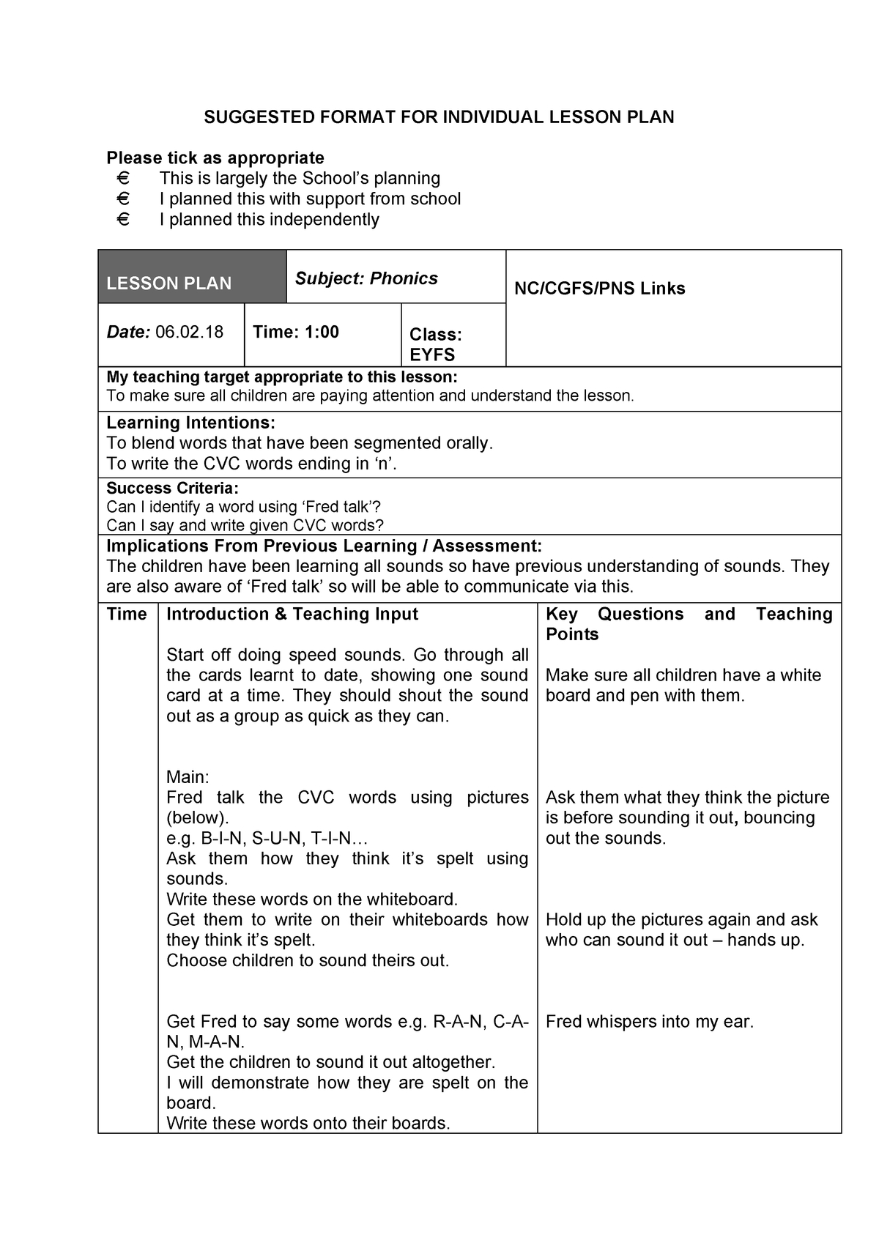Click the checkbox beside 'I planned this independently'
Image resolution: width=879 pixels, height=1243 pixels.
point(122,220)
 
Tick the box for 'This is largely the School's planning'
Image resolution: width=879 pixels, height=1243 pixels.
point(122,179)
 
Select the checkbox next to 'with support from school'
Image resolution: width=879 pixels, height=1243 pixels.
point(122,199)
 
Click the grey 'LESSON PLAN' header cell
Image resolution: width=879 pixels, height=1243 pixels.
point(192,277)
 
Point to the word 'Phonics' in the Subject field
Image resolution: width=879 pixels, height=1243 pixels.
point(404,278)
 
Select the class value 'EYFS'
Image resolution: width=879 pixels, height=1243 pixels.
point(432,355)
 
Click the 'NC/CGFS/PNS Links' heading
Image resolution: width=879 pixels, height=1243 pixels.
point(599,289)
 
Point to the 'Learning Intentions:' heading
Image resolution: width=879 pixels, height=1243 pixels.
point(190,423)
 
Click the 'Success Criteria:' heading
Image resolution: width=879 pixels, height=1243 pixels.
point(172,489)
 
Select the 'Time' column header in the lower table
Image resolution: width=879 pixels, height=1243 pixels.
point(127,615)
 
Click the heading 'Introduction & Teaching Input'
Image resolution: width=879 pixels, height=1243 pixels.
point(292,615)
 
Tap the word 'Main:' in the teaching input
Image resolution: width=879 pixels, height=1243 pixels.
point(188,777)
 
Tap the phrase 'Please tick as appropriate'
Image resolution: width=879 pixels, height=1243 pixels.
point(215,158)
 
